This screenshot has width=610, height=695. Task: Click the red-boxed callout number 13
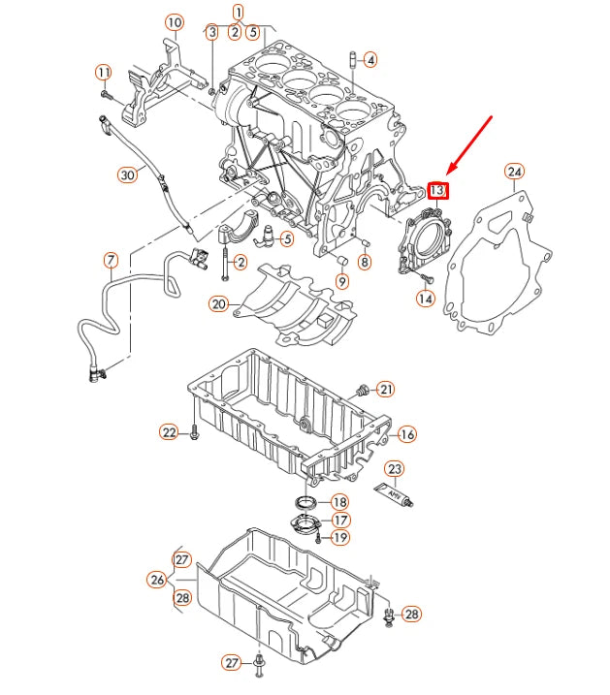(437, 190)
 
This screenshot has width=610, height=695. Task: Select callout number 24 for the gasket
(515, 173)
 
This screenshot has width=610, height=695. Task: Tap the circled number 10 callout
(174, 21)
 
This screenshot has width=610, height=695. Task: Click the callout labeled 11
(104, 73)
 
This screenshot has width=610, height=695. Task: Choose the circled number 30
(127, 175)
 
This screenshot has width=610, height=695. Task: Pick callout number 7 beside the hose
(111, 260)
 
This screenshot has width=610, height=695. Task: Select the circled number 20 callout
(218, 303)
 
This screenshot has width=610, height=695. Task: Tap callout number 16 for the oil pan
(406, 434)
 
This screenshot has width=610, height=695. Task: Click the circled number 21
(386, 390)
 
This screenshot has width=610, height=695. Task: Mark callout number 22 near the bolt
(170, 432)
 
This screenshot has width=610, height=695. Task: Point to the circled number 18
(339, 502)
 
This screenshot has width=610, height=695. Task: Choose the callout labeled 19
(339, 537)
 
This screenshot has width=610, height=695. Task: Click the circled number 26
(156, 580)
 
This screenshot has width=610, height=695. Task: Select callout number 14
(426, 299)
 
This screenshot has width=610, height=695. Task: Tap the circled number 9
(342, 281)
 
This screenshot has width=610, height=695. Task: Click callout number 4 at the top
(370, 59)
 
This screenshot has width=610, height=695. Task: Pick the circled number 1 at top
(238, 12)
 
